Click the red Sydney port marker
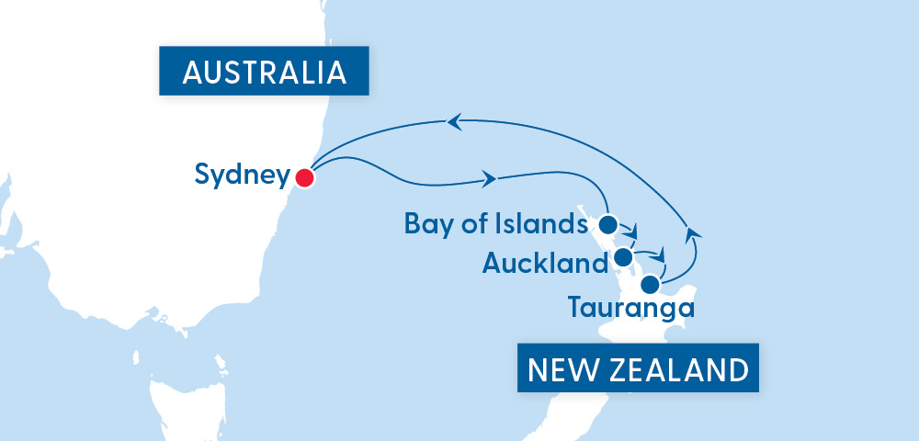[x=304, y=177]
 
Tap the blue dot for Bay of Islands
[x=607, y=223]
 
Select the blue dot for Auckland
[x=623, y=255]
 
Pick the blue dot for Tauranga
[x=650, y=283]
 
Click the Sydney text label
[x=242, y=175]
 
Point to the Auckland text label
[x=544, y=265]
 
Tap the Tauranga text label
[x=630, y=307]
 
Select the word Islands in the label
[x=549, y=223]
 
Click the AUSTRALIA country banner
[x=265, y=73]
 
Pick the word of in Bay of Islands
[x=471, y=223]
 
